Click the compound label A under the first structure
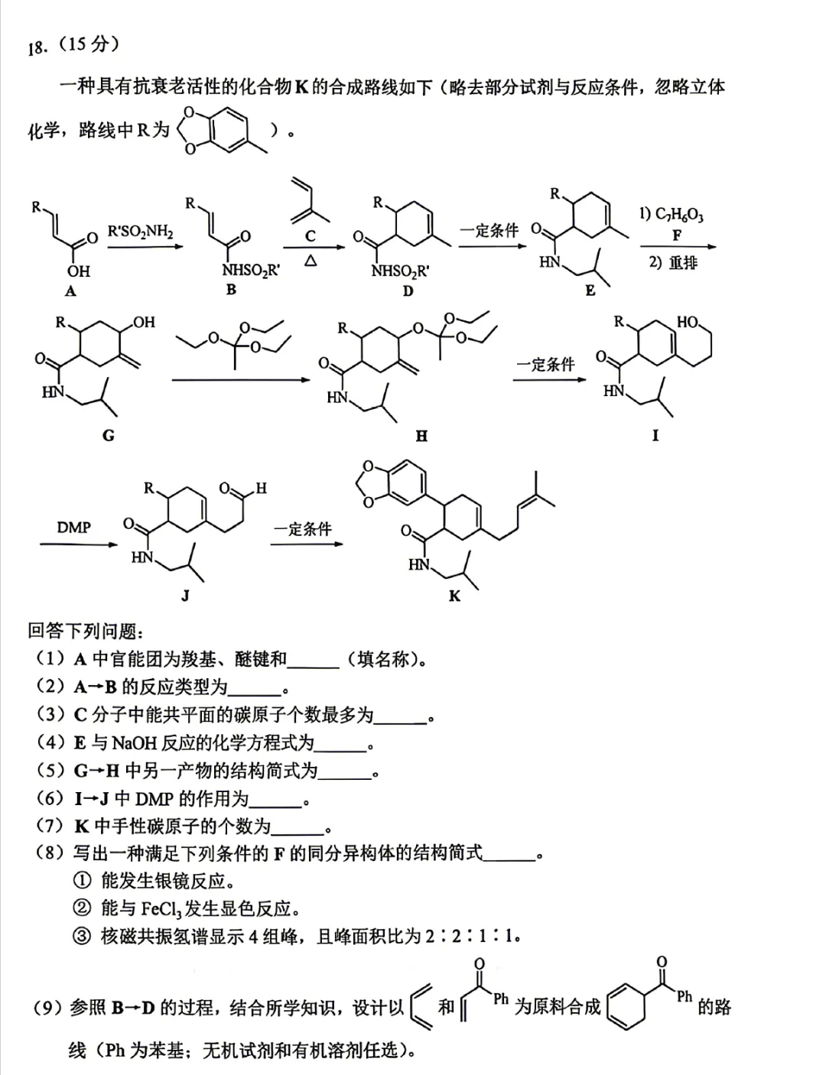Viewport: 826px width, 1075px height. pos(70,291)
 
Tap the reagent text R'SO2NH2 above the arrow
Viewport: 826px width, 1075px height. pos(141,232)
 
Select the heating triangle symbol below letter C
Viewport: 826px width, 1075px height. pos(311,260)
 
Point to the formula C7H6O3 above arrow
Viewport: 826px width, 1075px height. pos(678,215)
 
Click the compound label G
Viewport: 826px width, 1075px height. pos(109,435)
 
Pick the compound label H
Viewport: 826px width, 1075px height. pos(421,436)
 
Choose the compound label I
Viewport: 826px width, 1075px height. pos(655,435)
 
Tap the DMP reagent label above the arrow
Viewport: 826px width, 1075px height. pos(73,528)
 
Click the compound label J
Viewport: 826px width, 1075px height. pos(185,595)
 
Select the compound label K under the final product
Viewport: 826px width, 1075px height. pos(454,596)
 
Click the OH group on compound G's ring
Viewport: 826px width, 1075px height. pos(144,323)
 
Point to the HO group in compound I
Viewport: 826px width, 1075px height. pos(688,323)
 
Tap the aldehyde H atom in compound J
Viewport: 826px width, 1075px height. pos(261,489)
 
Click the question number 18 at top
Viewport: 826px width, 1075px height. pos(37,48)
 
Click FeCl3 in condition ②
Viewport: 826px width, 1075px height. pos(161,909)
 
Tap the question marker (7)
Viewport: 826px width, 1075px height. pos(50,827)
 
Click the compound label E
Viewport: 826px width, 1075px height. pos(590,291)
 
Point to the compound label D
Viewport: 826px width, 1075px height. pos(408,291)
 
